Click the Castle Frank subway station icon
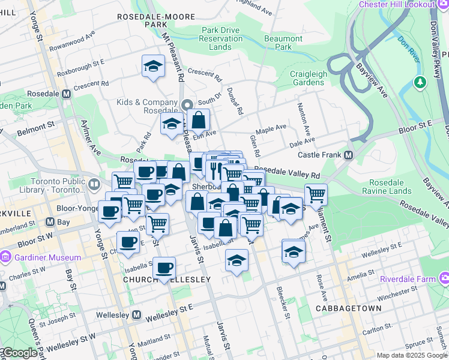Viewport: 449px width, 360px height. pyautogui.click(x=348, y=155)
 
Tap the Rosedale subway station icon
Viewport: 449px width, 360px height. pyautogui.click(x=66, y=94)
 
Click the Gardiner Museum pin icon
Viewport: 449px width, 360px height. pyautogui.click(x=6, y=257)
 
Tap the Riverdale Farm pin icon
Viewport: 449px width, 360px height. pyautogui.click(x=444, y=277)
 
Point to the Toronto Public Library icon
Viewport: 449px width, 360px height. pyautogui.click(x=94, y=184)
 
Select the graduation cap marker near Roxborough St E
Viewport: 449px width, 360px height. pyautogui.click(x=154, y=66)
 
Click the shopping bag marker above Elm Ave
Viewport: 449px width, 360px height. pyautogui.click(x=198, y=119)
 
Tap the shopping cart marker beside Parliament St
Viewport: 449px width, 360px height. pyautogui.click(x=316, y=194)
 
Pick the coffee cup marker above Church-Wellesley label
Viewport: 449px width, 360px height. pyautogui.click(x=164, y=268)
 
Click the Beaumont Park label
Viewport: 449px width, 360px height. pyautogui.click(x=279, y=43)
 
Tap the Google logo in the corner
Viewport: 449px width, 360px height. pyautogui.click(x=19, y=353)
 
